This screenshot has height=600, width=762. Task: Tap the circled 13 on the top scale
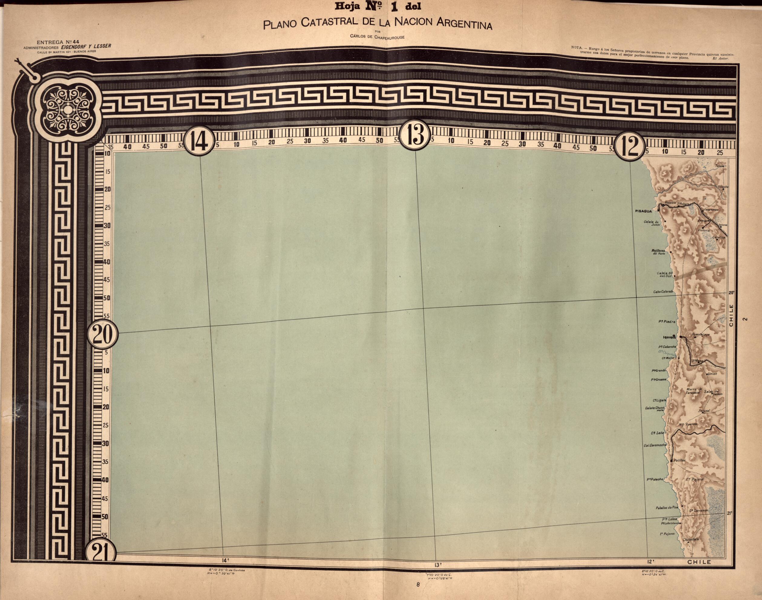416,138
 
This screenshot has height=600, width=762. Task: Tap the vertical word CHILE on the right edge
731,316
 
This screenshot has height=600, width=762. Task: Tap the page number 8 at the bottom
418,585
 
